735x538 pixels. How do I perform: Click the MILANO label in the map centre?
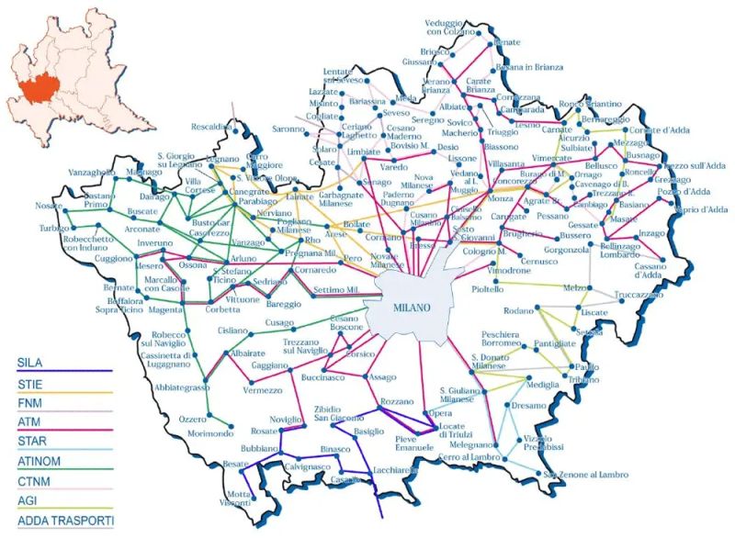(x=410, y=308)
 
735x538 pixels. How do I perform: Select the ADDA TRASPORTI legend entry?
(x=58, y=521)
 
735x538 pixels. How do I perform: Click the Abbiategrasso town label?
(x=172, y=387)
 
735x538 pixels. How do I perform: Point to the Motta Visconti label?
(x=238, y=498)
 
